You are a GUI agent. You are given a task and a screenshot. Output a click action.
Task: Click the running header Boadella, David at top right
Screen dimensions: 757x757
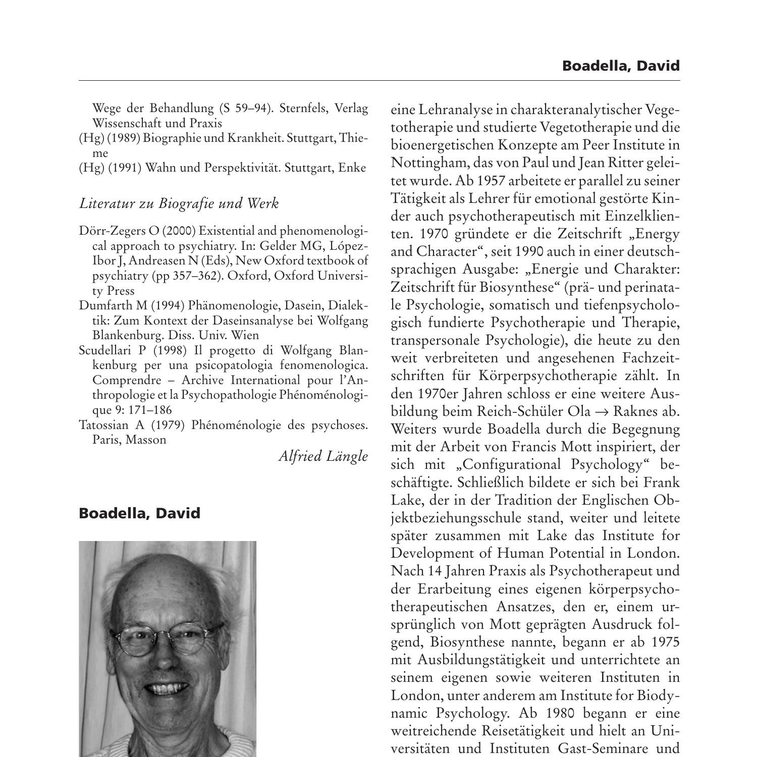[621, 66]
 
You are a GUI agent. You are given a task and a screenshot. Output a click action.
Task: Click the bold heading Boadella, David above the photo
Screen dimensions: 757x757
[139, 513]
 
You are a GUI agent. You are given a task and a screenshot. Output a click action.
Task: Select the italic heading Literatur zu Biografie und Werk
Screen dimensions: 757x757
[179, 203]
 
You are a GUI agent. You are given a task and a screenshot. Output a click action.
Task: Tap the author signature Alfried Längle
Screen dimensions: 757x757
[323, 456]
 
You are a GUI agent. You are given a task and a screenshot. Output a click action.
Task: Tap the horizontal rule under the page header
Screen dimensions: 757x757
[379, 80]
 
